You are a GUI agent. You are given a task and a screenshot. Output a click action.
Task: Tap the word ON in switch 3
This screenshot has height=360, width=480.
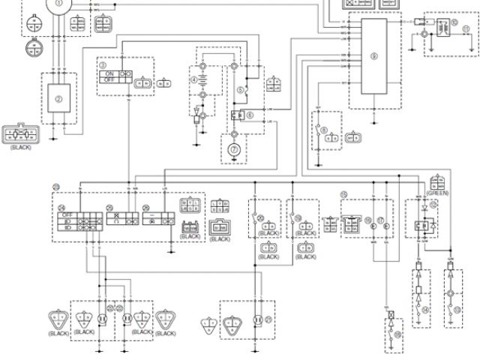(109, 73)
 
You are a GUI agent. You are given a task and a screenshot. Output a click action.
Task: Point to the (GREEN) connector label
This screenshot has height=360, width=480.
(437, 191)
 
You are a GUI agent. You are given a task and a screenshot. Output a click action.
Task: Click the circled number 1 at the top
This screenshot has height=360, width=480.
(58, 4)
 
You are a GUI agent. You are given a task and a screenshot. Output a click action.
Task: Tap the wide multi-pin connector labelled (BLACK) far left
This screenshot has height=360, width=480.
(21, 135)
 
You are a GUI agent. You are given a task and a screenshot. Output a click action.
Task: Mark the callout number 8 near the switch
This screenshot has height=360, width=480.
(323, 130)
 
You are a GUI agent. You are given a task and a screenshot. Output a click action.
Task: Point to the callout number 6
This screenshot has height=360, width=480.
(250, 114)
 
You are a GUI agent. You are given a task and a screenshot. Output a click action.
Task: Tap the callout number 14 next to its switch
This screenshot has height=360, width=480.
(426, 309)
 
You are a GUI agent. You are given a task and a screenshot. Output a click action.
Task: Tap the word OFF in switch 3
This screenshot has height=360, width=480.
(110, 81)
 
